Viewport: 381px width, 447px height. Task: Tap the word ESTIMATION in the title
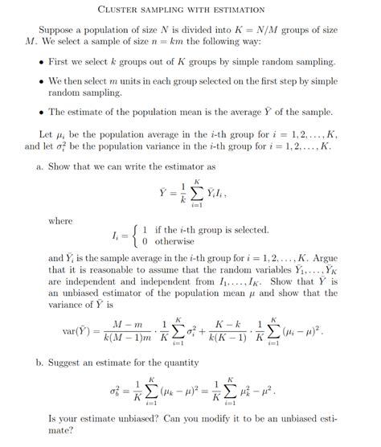click(233, 10)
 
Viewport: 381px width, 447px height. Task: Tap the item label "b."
click(42, 363)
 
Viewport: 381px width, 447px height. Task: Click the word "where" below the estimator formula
click(60, 220)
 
